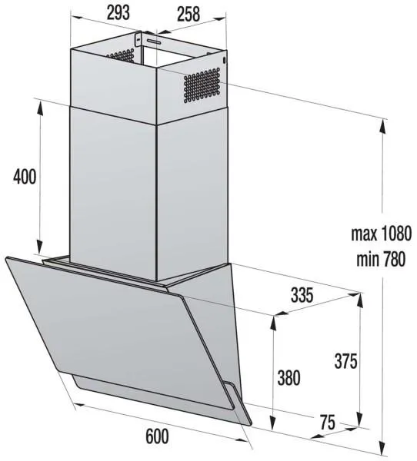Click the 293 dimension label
118,12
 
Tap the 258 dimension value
188,14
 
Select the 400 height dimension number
25,177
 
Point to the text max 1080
381,234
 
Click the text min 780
381,260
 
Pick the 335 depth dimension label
302,295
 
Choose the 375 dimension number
345,361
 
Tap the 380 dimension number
289,378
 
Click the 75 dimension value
328,423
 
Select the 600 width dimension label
157,436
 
